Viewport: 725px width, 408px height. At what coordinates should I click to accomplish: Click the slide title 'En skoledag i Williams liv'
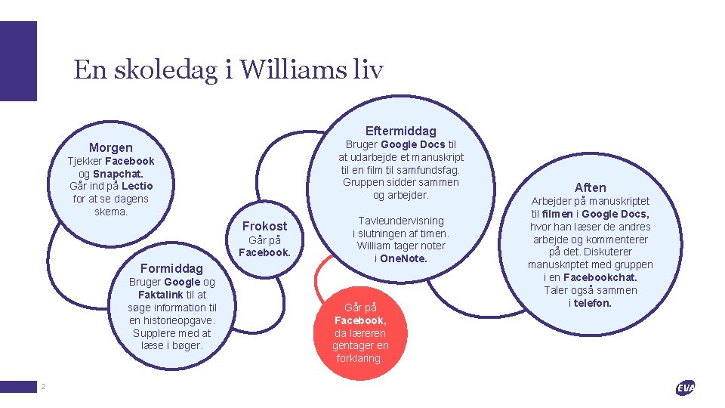click(228, 70)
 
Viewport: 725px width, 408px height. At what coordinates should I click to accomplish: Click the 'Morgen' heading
click(110, 147)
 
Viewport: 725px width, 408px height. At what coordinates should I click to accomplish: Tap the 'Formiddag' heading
click(171, 268)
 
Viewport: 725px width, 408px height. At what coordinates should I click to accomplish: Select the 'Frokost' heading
click(264, 226)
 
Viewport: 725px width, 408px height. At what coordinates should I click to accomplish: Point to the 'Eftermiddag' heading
click(400, 131)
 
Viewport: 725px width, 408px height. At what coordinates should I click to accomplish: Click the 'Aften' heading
click(590, 187)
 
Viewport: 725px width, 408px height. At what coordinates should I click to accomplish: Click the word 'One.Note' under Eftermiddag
click(403, 258)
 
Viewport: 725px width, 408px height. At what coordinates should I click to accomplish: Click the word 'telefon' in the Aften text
click(592, 303)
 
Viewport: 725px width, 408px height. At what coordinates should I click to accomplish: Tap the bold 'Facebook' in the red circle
click(360, 320)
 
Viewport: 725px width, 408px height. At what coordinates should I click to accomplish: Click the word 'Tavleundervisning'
click(401, 220)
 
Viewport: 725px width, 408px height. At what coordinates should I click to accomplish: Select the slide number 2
click(43, 387)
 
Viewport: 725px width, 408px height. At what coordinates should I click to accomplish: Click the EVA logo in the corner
click(685, 388)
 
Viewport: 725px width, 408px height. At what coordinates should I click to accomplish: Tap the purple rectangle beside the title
click(18, 61)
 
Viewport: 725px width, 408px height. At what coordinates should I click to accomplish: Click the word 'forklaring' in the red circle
click(359, 358)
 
